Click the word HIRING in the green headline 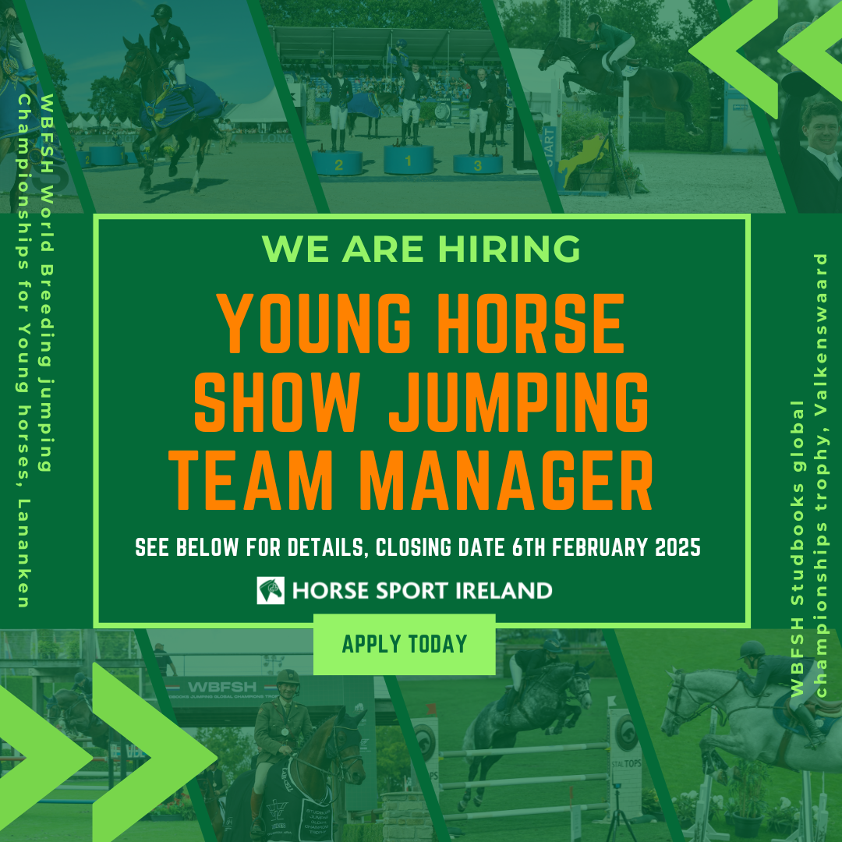pyautogui.click(x=509, y=249)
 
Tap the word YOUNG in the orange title pyautogui.click(x=314, y=324)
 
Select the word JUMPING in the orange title pyautogui.click(x=518, y=402)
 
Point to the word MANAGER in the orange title pyautogui.click(x=505, y=479)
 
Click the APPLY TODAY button pyautogui.click(x=405, y=644)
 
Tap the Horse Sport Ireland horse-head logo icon pyautogui.click(x=271, y=591)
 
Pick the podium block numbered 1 pyautogui.click(x=408, y=160)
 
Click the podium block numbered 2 pyautogui.click(x=338, y=163)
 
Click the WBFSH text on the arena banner pyautogui.click(x=221, y=687)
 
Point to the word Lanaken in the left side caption pyautogui.click(x=23, y=553)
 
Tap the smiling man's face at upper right pyautogui.click(x=821, y=125)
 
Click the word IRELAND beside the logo pyautogui.click(x=504, y=591)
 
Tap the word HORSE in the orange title pyautogui.click(x=531, y=324)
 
